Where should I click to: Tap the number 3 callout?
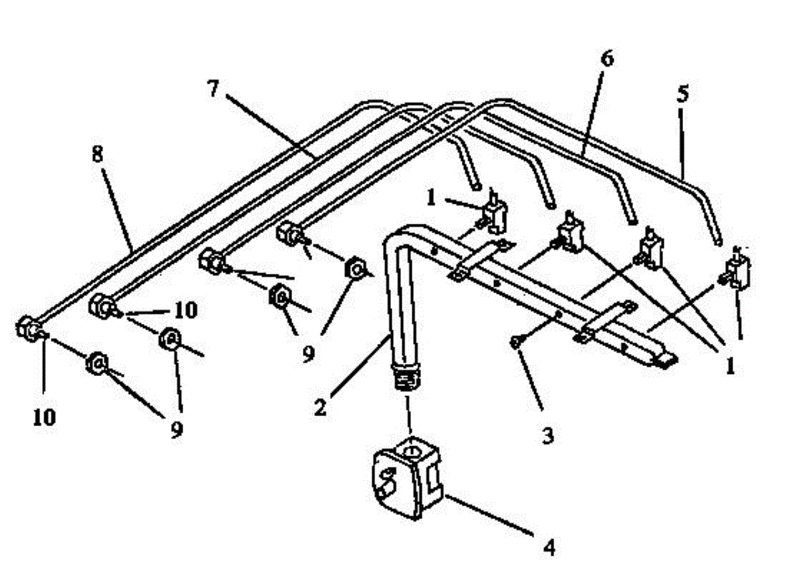pyautogui.click(x=547, y=437)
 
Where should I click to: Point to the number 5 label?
pyautogui.click(x=682, y=94)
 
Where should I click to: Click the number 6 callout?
pyautogui.click(x=607, y=59)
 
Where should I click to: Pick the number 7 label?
pyautogui.click(x=213, y=89)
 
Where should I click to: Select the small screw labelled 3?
pyautogui.click(x=515, y=343)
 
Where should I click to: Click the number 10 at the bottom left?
pyautogui.click(x=44, y=417)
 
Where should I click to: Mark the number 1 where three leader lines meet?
pyautogui.click(x=730, y=365)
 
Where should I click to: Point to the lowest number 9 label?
pyautogui.click(x=176, y=430)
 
